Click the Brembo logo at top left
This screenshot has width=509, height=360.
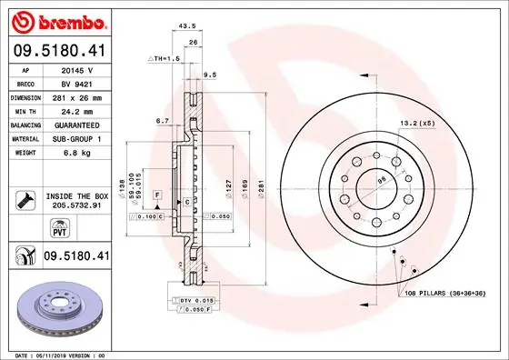[56, 21]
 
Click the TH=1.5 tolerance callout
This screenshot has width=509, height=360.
[165, 57]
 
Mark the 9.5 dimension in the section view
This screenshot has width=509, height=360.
[210, 75]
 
